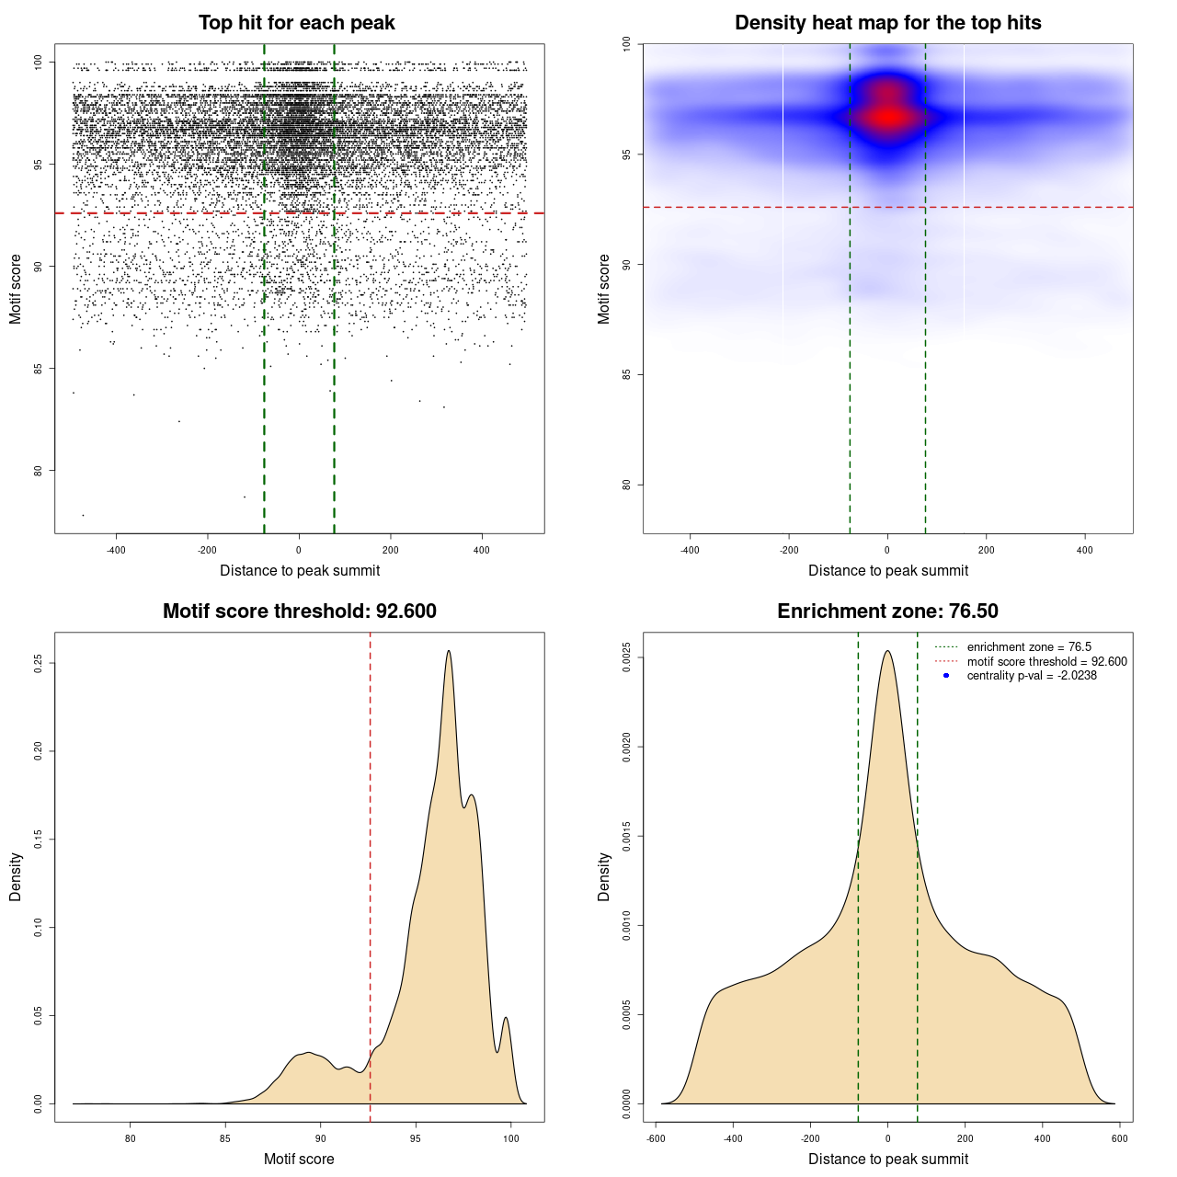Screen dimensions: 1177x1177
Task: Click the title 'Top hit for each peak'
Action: click(296, 23)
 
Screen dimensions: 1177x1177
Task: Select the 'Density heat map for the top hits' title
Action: click(887, 23)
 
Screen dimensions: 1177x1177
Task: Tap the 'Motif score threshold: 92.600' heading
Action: click(299, 611)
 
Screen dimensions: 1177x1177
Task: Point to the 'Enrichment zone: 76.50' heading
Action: click(887, 611)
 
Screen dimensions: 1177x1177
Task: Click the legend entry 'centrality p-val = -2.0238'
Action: click(1032, 676)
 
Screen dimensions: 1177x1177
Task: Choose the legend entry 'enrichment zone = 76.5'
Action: click(1029, 647)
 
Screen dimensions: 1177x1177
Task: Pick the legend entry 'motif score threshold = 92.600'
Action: click(1046, 662)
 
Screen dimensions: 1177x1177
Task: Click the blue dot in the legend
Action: click(946, 676)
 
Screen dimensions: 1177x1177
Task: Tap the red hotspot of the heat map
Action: click(888, 117)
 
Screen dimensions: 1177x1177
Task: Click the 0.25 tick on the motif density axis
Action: click(38, 663)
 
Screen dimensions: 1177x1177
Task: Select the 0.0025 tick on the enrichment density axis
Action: click(626, 657)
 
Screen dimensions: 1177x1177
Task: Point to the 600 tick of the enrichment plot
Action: click(1119, 1138)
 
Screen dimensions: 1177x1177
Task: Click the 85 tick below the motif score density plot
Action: click(225, 1138)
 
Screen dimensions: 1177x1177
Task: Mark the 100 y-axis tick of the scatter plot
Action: click(38, 63)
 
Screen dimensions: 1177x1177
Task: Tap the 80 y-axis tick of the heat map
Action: click(626, 485)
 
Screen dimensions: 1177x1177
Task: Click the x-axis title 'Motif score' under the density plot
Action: click(299, 1159)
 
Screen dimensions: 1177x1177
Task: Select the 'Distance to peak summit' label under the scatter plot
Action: click(300, 570)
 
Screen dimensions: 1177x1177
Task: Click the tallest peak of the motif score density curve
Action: click(449, 652)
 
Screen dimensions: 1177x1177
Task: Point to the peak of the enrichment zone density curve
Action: click(887, 652)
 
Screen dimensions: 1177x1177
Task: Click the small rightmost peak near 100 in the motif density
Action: click(506, 1018)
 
